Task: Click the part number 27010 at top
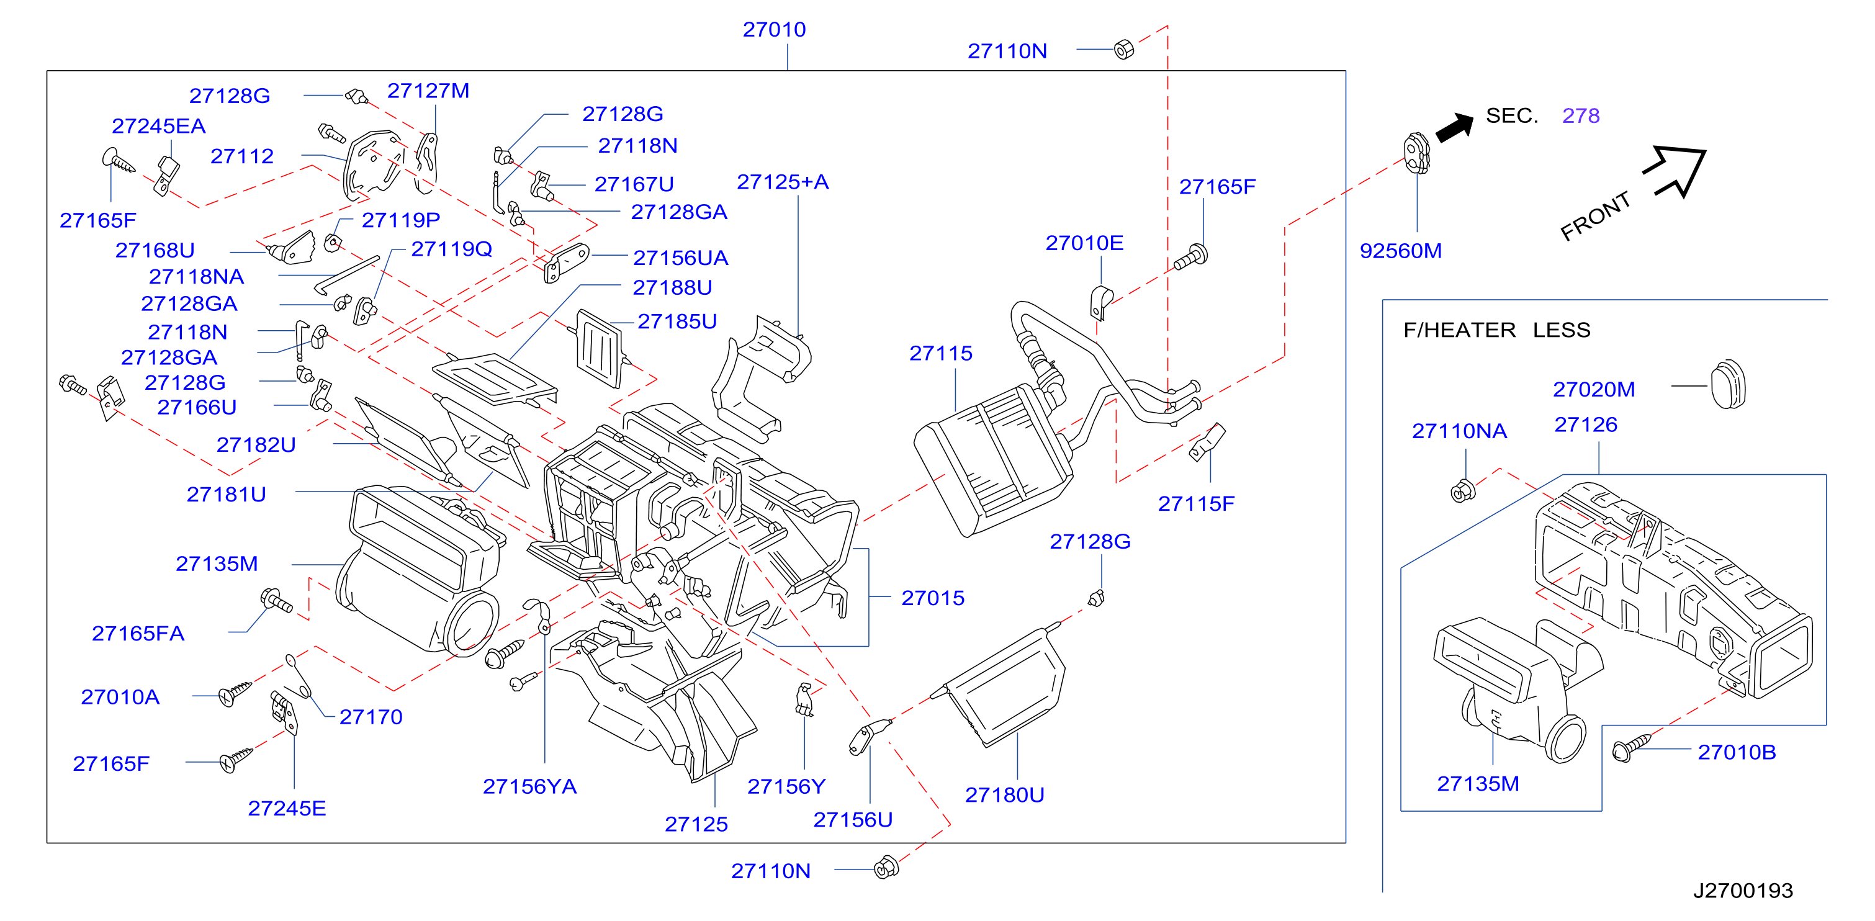click(x=774, y=29)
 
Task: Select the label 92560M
click(x=1400, y=251)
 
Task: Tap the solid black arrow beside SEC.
click(x=1455, y=127)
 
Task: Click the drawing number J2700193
click(x=1743, y=890)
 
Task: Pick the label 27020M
click(x=1594, y=390)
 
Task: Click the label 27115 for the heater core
click(x=940, y=353)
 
